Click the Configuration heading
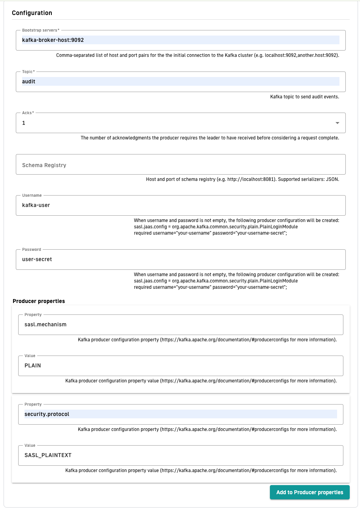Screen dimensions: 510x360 coord(32,13)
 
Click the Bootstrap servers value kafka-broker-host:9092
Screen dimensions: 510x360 coord(53,40)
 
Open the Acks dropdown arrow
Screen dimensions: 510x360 coord(337,123)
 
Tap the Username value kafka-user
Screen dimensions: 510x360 coord(36,205)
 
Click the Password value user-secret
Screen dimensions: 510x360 coord(37,260)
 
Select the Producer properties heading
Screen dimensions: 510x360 coord(39,301)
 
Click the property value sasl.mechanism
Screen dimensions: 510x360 coord(45,324)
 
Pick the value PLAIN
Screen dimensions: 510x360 coord(33,365)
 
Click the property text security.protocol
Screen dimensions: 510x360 coord(47,414)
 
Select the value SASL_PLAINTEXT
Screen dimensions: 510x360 coord(48,455)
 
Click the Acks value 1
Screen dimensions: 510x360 coord(24,123)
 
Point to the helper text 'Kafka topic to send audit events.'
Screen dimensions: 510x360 coord(305,96)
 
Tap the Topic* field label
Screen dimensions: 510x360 coord(28,72)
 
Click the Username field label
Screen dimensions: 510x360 coord(32,195)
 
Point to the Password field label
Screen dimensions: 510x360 coord(32,250)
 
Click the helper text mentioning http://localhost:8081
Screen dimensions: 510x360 coord(243,179)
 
